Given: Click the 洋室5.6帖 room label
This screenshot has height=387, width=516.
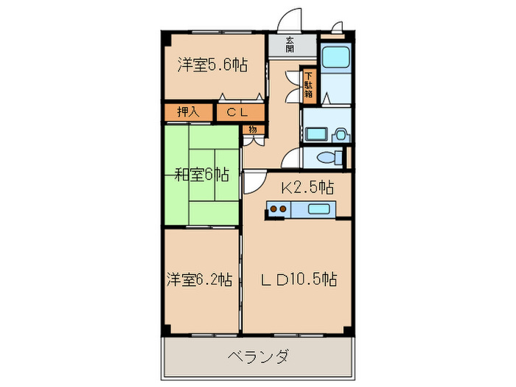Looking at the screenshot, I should [212, 65].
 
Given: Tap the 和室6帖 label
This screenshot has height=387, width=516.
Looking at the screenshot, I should [202, 175].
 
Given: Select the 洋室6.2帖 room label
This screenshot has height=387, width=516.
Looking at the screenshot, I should [199, 279].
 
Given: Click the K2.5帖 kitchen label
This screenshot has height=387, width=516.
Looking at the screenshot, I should [307, 187].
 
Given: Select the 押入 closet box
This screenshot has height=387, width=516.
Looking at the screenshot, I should [188, 112].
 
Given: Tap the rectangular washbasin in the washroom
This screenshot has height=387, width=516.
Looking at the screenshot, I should [315, 133].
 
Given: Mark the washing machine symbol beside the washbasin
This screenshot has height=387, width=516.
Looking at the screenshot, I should [340, 133].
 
